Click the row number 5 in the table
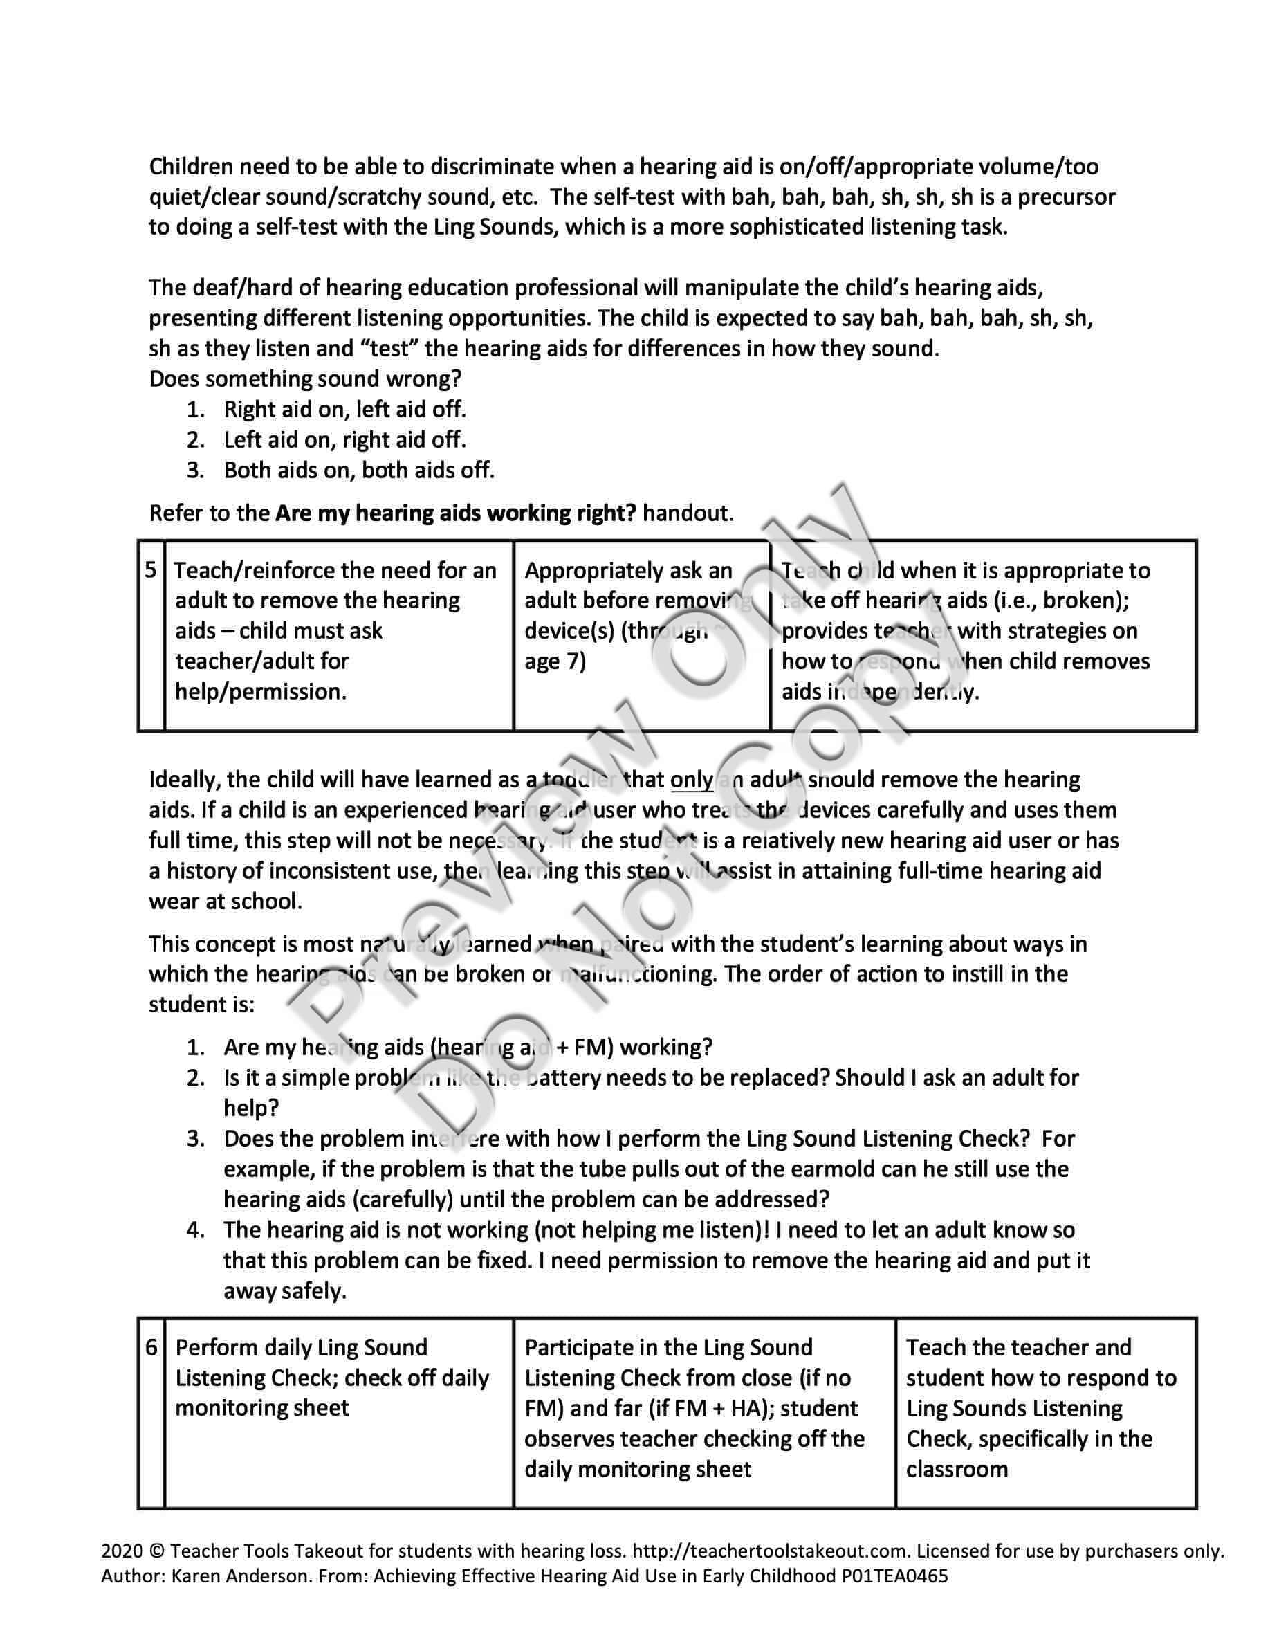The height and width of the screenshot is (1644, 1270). [151, 570]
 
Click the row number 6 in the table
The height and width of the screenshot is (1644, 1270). [151, 1346]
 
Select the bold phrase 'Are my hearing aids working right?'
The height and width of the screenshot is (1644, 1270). [455, 513]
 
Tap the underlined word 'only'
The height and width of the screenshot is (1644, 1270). [692, 779]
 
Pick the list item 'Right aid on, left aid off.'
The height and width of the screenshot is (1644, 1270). [344, 410]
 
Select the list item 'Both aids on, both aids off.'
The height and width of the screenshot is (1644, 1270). [359, 471]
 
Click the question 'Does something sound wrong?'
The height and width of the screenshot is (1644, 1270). [305, 378]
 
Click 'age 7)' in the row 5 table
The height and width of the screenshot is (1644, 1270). [555, 661]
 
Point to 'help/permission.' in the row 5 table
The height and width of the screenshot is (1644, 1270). [260, 692]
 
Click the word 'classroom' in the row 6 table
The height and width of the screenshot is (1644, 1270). [956, 1469]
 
